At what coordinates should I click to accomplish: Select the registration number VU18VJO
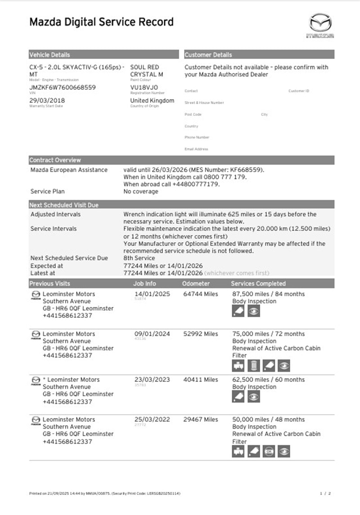coord(144,87)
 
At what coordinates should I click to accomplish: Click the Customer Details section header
coord(208,55)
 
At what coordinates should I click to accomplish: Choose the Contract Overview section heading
coord(55,160)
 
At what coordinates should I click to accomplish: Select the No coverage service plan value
coord(141,191)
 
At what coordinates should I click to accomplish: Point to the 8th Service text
coord(139,258)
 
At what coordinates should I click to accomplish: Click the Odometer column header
coord(196,284)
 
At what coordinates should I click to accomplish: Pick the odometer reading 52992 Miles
coord(201,334)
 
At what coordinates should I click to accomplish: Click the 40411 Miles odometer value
coord(201,379)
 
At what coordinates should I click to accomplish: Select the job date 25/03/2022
coord(152,420)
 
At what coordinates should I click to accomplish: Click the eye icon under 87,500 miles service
coord(254,311)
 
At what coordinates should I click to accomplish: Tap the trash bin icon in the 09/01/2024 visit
coord(254,366)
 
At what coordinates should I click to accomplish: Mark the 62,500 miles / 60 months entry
coord(268,379)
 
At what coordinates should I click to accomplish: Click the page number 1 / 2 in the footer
coord(325,493)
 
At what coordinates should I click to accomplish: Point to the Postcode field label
coord(193,114)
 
